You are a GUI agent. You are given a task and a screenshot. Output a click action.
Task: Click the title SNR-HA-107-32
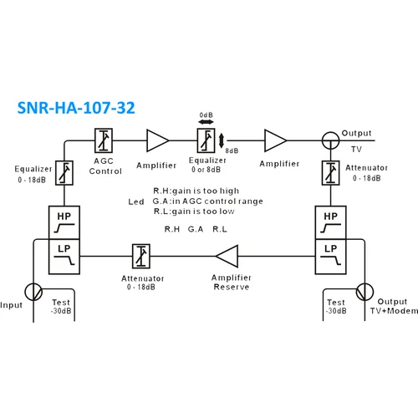[76, 109]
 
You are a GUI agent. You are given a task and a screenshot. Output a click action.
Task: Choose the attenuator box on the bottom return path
[141, 254]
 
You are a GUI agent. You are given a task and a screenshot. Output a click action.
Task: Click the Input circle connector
[34, 291]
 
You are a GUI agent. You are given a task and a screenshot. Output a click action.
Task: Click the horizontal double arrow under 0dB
[206, 122]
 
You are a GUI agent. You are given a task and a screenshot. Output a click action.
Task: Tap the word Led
[136, 201]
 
